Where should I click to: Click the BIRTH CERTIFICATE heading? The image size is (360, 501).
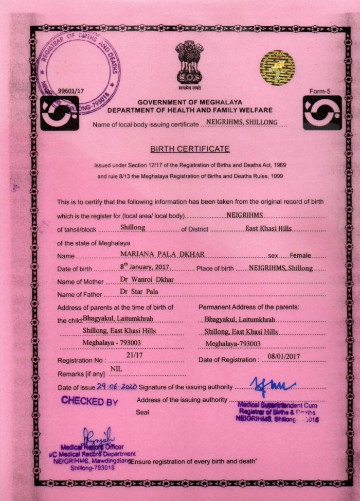click(190, 149)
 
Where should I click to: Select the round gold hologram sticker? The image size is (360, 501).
click(277, 67)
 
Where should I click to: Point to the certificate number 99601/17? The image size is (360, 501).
click(70, 91)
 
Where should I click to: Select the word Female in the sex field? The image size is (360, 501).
click(301, 255)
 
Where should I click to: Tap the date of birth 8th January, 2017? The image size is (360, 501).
click(146, 267)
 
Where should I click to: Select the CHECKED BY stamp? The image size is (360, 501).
click(89, 401)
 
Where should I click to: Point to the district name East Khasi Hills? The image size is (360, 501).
click(268, 227)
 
